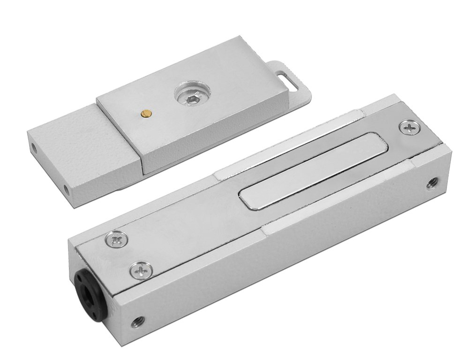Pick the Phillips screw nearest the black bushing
pos(139,269)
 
